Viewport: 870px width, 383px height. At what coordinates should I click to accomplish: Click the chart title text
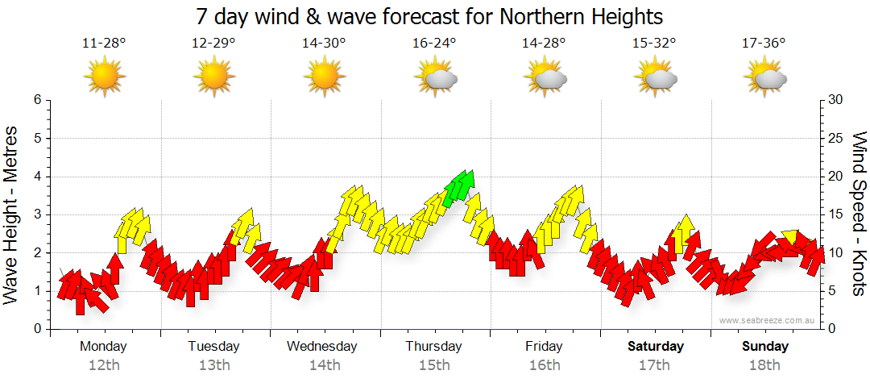434,16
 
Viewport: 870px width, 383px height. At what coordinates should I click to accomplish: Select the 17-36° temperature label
764,44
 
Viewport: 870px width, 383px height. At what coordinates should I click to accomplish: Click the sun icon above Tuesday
214,77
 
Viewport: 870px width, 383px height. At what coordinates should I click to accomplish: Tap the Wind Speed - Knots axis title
858,214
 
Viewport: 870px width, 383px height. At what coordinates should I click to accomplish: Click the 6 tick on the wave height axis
37,100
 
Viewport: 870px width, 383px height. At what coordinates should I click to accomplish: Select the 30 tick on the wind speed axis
835,100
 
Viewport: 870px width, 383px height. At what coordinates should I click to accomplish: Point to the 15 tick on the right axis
835,214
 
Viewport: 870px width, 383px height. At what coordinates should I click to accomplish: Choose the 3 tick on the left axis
37,214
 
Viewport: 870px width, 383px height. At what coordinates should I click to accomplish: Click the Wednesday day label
322,347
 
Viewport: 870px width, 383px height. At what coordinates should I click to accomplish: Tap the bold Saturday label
656,347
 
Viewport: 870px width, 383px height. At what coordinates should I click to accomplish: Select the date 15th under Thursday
434,364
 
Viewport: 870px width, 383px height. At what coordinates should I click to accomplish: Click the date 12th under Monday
104,364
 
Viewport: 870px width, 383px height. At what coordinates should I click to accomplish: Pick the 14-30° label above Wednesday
324,44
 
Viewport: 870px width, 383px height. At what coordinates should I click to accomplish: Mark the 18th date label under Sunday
764,364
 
